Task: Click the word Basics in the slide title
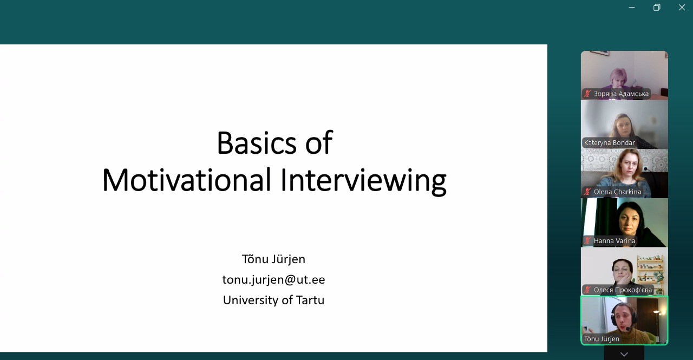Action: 257,143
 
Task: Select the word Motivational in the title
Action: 187,180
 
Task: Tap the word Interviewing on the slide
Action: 363,181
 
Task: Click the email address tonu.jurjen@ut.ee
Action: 273,279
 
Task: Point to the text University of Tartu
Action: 273,300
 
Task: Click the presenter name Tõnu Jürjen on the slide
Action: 273,259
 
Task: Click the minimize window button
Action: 632,8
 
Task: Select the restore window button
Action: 657,8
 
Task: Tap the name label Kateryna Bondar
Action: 610,143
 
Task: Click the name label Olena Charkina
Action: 617,192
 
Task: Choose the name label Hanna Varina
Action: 614,241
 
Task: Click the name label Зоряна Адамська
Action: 621,94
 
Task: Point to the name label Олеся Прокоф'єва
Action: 623,290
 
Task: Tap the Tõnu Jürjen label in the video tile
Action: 602,339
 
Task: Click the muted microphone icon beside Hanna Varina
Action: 587,241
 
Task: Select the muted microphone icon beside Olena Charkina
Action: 587,192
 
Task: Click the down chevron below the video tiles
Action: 624,355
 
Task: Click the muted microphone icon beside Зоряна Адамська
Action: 587,94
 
